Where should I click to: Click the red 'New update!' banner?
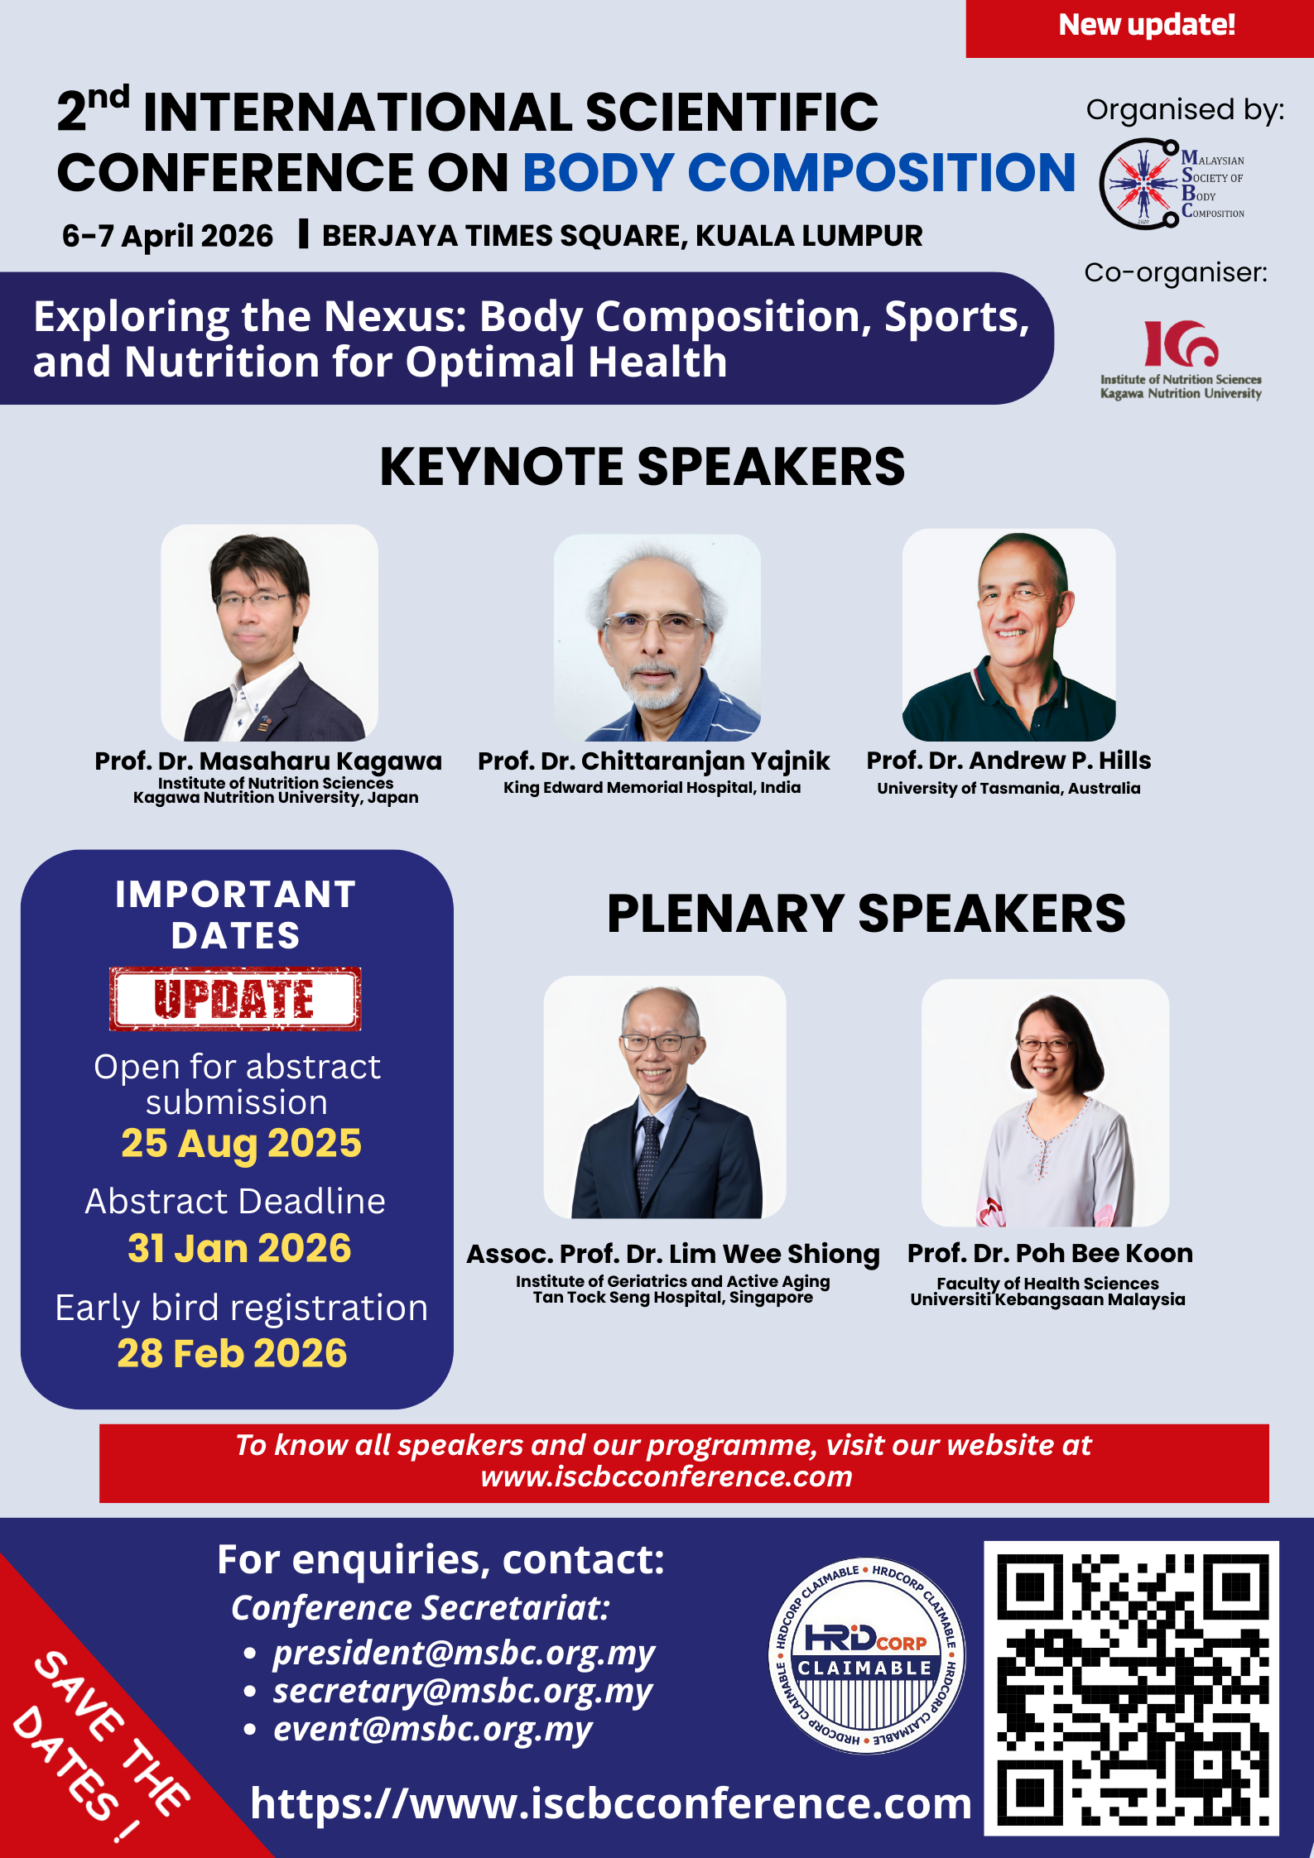(x=1139, y=28)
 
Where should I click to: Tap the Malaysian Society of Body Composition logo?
(x=1172, y=184)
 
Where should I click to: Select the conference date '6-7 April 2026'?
(x=167, y=236)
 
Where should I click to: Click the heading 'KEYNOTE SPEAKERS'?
(x=642, y=466)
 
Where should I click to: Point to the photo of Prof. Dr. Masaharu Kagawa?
(x=269, y=633)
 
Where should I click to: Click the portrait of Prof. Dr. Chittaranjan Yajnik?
(x=657, y=637)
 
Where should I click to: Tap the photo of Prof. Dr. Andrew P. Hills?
(x=1008, y=635)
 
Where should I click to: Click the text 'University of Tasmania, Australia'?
(x=1008, y=788)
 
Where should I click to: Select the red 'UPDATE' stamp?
(x=235, y=998)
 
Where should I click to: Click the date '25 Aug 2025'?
(x=241, y=1143)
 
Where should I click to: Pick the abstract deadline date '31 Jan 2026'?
(x=239, y=1248)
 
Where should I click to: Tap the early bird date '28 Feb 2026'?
(x=232, y=1353)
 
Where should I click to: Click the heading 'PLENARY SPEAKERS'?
(x=866, y=914)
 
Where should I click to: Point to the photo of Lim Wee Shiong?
(x=665, y=1097)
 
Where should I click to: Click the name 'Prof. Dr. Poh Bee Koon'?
(x=1050, y=1253)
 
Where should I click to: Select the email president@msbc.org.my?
(x=464, y=1653)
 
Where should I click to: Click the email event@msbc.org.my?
(x=432, y=1729)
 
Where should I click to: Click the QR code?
(x=1131, y=1688)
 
